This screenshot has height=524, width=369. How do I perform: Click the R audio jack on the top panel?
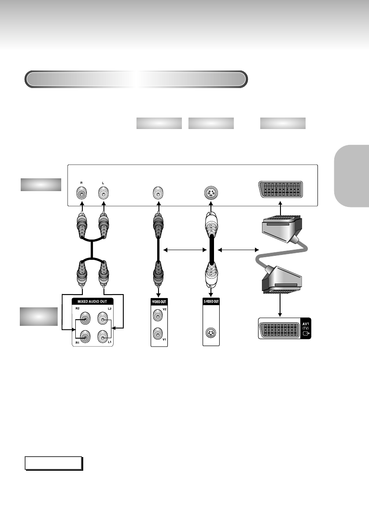[x=81, y=193]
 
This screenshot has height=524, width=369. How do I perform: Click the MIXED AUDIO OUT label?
[x=93, y=302]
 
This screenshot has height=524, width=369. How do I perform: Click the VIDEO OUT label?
[x=159, y=302]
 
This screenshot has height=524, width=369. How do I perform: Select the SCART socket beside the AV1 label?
[x=279, y=328]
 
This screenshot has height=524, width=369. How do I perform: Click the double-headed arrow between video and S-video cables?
[x=185, y=251]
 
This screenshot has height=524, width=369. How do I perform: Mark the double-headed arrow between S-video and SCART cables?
[x=238, y=251]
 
